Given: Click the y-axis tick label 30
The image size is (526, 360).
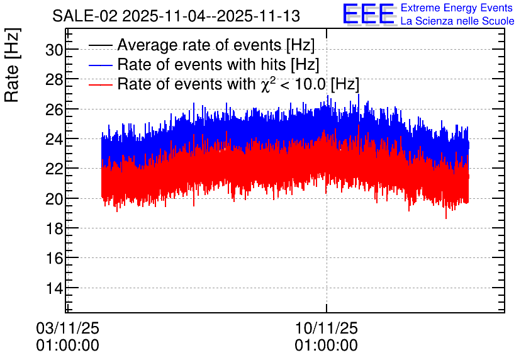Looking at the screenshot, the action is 54,50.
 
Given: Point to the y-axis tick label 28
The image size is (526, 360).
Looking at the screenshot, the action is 54,80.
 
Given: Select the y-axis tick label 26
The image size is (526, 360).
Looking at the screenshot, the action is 54,110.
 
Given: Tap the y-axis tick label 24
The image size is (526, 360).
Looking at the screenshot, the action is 54,139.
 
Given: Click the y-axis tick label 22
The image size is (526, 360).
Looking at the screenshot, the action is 54,169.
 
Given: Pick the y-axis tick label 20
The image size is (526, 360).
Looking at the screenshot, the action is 54,199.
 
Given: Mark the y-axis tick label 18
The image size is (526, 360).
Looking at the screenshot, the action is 54,228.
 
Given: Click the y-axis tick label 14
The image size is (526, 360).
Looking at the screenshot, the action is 54,288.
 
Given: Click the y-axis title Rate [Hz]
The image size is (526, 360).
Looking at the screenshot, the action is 13,65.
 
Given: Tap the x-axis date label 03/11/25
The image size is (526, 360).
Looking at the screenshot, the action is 67,328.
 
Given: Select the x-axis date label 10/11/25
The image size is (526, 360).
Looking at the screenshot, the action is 327,328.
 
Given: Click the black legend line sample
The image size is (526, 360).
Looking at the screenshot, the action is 100,45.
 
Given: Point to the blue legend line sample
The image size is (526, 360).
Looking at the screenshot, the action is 100,65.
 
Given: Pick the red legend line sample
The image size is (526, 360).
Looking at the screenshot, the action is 100,84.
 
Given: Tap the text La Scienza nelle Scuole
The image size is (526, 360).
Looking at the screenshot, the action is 457,21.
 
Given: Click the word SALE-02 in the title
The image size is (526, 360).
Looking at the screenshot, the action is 85,16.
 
